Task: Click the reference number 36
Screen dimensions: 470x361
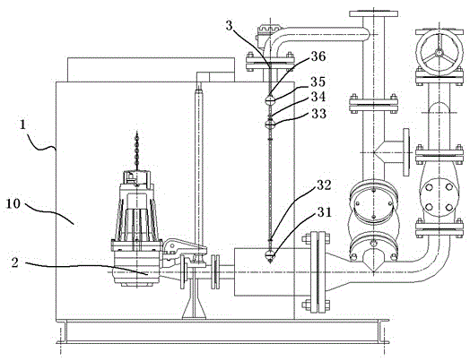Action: click(x=318, y=56)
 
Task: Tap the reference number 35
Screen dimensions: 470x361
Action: click(x=318, y=82)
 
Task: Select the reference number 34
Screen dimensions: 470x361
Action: click(x=318, y=97)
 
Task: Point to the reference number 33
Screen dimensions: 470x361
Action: click(x=319, y=114)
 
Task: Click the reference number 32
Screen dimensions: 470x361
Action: click(x=324, y=185)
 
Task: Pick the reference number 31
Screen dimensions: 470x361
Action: click(x=325, y=212)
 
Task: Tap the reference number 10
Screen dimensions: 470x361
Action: click(x=13, y=204)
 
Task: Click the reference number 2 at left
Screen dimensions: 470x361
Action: click(x=15, y=262)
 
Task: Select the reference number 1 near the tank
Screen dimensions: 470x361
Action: click(x=23, y=125)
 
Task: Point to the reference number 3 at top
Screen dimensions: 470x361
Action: click(x=229, y=26)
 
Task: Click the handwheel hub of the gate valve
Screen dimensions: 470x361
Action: click(x=439, y=53)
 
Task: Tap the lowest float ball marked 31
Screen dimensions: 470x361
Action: click(x=270, y=255)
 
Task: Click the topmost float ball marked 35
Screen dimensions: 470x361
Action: click(x=270, y=100)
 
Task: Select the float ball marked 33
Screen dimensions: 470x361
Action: click(x=270, y=125)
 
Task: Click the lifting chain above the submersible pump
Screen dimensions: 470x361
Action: click(x=137, y=150)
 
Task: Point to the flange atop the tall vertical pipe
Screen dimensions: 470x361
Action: click(x=373, y=13)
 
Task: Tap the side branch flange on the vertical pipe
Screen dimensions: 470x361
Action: click(x=406, y=152)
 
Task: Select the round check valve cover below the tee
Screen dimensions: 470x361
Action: click(x=373, y=204)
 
